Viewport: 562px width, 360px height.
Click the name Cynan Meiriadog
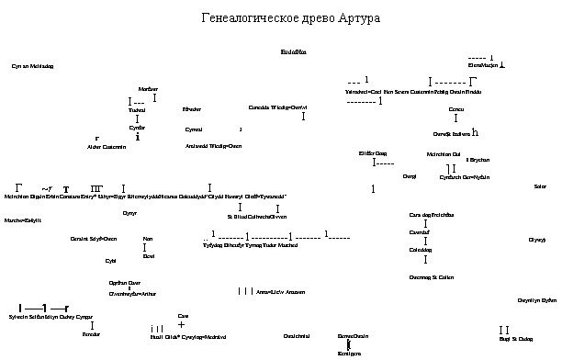(32, 66)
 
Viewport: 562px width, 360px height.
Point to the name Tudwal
(137, 110)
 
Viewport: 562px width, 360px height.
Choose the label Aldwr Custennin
(107, 147)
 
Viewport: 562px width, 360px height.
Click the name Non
(147, 238)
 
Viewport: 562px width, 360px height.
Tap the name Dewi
(149, 256)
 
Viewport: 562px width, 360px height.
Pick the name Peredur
(91, 335)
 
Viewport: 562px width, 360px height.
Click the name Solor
(540, 186)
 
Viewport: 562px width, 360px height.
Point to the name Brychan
(479, 160)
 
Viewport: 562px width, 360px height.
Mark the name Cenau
(456, 110)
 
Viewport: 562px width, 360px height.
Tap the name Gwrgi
(410, 174)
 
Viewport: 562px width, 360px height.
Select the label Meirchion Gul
(444, 153)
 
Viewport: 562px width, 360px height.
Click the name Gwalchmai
(297, 337)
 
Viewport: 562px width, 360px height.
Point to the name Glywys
(537, 240)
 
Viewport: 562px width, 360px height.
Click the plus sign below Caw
(181, 324)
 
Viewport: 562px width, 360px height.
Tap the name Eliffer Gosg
(372, 152)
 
